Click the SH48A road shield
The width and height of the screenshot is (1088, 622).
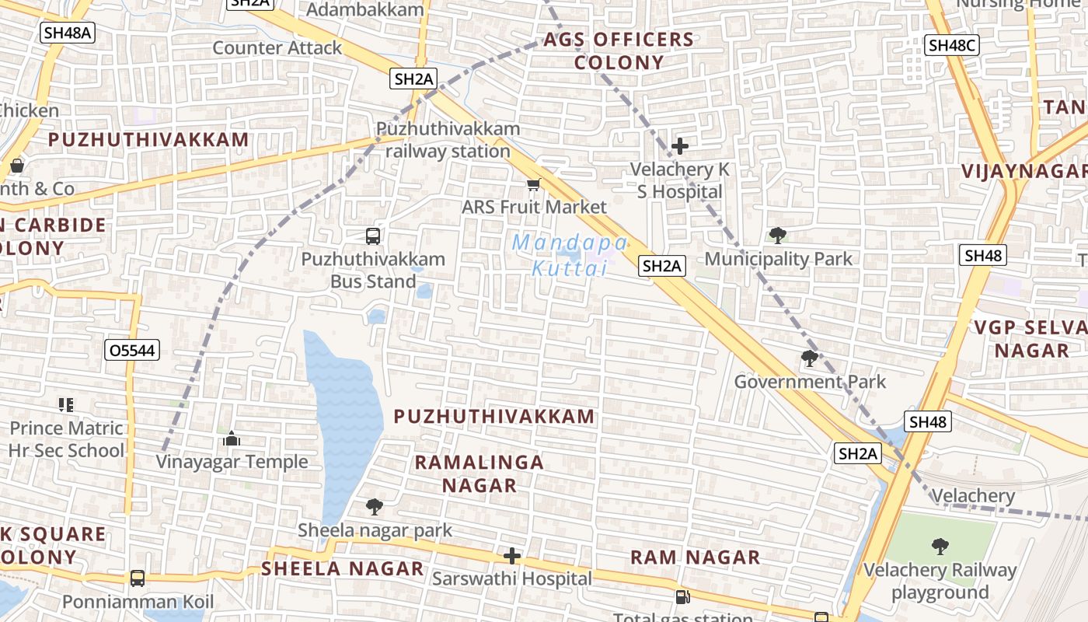(x=67, y=33)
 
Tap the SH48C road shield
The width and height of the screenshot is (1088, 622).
(x=952, y=45)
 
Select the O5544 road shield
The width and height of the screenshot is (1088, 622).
(x=132, y=351)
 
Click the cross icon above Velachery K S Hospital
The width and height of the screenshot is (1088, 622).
(x=680, y=145)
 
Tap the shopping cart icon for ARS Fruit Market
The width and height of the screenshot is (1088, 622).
(x=533, y=184)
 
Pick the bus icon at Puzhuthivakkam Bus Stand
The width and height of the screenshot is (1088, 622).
(x=373, y=236)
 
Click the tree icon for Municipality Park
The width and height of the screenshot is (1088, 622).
(x=777, y=236)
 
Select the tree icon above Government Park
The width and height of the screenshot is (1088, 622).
(x=810, y=358)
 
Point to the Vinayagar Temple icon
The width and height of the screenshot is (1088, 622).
(x=232, y=439)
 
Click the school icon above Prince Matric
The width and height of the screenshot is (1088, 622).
(x=66, y=405)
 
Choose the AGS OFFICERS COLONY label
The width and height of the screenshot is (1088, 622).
(x=619, y=51)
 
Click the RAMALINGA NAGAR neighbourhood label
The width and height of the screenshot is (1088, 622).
(x=479, y=473)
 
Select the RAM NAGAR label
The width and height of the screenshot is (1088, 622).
(x=695, y=557)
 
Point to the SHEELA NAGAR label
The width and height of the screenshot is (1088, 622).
(x=343, y=568)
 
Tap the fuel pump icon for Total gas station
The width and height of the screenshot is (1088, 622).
(x=682, y=597)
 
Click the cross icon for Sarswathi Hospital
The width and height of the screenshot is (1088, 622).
(x=512, y=556)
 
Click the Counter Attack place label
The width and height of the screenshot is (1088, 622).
(x=277, y=48)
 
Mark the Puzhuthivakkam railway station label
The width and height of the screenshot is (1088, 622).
(x=448, y=140)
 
